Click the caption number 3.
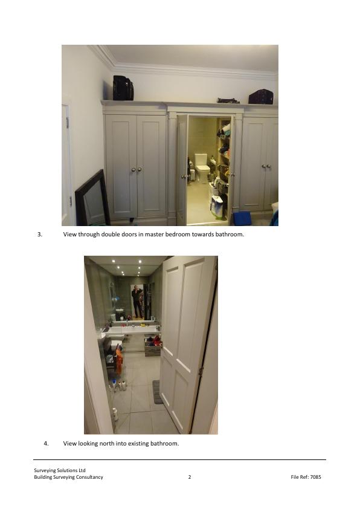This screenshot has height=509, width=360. coord(40,235)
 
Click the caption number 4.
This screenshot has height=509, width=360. coord(46,444)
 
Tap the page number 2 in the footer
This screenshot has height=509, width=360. coord(190,477)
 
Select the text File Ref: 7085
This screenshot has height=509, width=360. coord(306,477)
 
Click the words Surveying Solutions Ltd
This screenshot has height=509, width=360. coord(60,470)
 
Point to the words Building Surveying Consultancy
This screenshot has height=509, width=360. coord(68,477)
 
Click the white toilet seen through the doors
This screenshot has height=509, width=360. coord(202,168)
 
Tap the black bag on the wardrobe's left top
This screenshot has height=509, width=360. coord(123,88)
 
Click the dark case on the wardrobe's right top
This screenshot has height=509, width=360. coord(261,97)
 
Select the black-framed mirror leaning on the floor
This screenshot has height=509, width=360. coord(92,199)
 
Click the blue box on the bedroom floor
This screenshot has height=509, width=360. coord(242,218)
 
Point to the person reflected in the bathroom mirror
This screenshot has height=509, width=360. coord(137,301)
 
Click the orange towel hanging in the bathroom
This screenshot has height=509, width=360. coord(120,361)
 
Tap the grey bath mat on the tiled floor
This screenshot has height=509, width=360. coord(157,392)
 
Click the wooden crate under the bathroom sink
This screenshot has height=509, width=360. coord(153,349)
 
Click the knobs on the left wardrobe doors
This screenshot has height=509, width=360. coord(137,169)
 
